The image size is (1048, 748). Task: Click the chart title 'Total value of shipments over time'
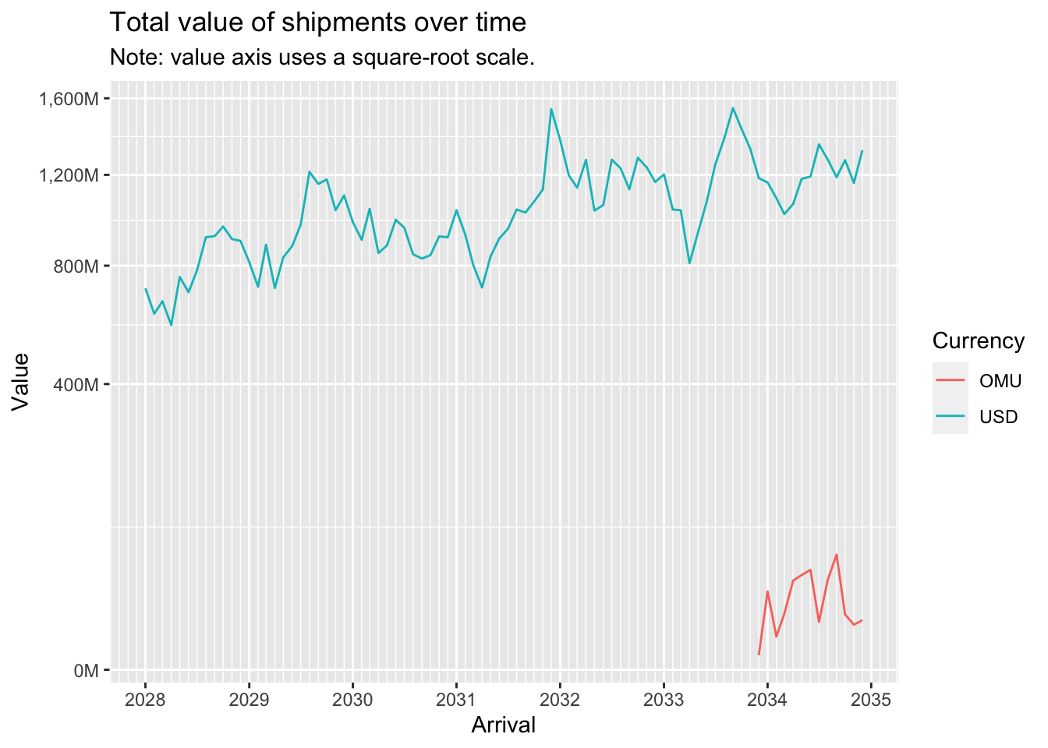point(317,23)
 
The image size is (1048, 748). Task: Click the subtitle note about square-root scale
point(322,58)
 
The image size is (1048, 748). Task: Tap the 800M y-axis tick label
point(80,266)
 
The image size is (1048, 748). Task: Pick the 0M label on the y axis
point(85,671)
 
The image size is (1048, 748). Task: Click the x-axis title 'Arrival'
point(504,725)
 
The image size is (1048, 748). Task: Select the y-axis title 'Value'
point(20,382)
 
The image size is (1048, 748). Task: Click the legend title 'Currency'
point(978,341)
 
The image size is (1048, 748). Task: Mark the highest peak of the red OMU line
point(837,555)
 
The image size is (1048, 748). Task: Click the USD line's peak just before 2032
point(551,109)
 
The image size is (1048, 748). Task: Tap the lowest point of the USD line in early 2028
point(171,325)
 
